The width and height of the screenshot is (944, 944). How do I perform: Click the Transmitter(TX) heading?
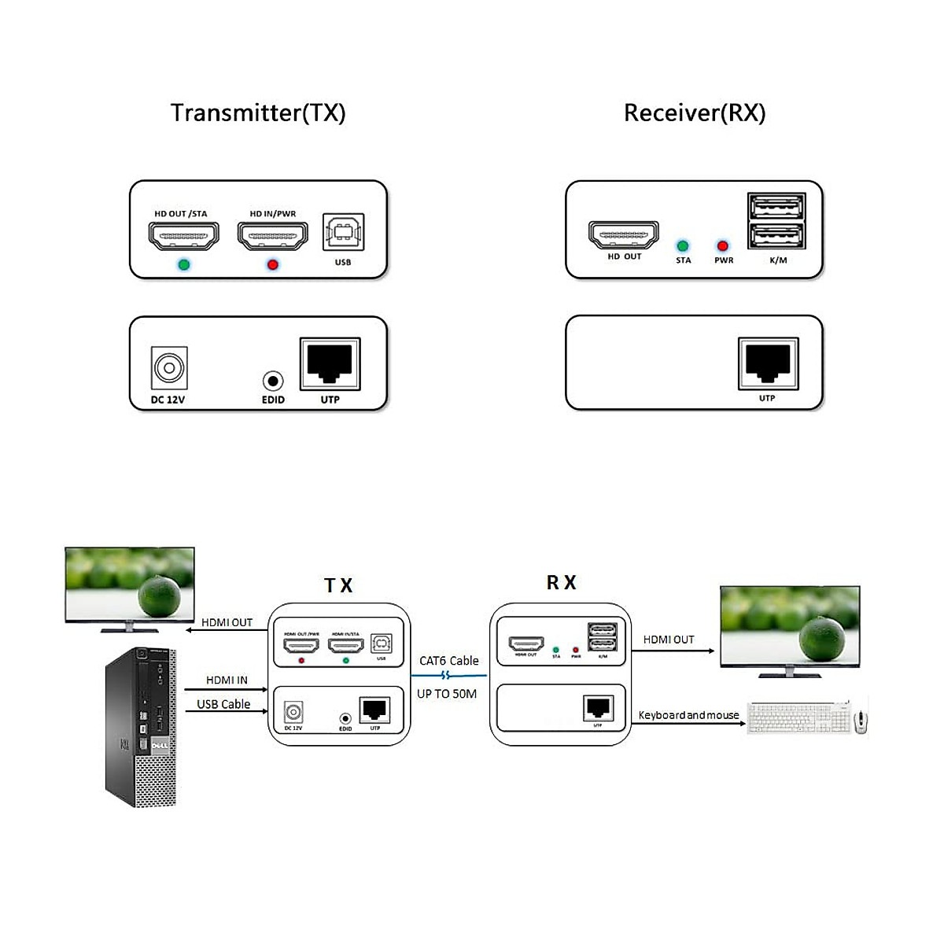[x=258, y=112]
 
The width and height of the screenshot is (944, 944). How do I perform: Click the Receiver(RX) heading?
[x=694, y=112]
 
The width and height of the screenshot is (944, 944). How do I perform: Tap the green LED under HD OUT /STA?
[x=183, y=264]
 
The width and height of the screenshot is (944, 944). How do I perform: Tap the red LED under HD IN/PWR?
[x=272, y=264]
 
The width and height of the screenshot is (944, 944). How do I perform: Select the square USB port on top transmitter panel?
[x=343, y=232]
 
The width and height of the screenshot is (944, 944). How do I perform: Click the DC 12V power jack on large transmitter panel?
[x=169, y=367]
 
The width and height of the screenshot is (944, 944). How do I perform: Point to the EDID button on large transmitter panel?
[x=272, y=382]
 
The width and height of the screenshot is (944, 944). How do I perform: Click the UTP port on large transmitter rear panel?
[x=330, y=363]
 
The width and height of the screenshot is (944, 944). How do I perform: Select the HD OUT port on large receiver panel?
[x=624, y=234]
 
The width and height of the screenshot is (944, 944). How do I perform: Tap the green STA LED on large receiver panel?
[x=683, y=246]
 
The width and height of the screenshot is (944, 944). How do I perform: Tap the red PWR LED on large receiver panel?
[x=723, y=246]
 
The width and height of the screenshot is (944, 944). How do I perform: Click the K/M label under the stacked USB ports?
[x=778, y=260]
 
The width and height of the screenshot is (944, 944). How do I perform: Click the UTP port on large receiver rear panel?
[x=768, y=363]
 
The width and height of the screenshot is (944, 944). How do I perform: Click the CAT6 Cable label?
[x=448, y=661]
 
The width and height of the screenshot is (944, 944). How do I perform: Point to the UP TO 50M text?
[x=447, y=694]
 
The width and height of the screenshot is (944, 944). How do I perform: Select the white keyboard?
[x=798, y=717]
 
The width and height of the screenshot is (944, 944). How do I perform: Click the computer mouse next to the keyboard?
[x=861, y=719]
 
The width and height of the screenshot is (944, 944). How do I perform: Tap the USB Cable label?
[x=223, y=704]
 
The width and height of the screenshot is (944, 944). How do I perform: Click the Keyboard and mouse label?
[x=688, y=715]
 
